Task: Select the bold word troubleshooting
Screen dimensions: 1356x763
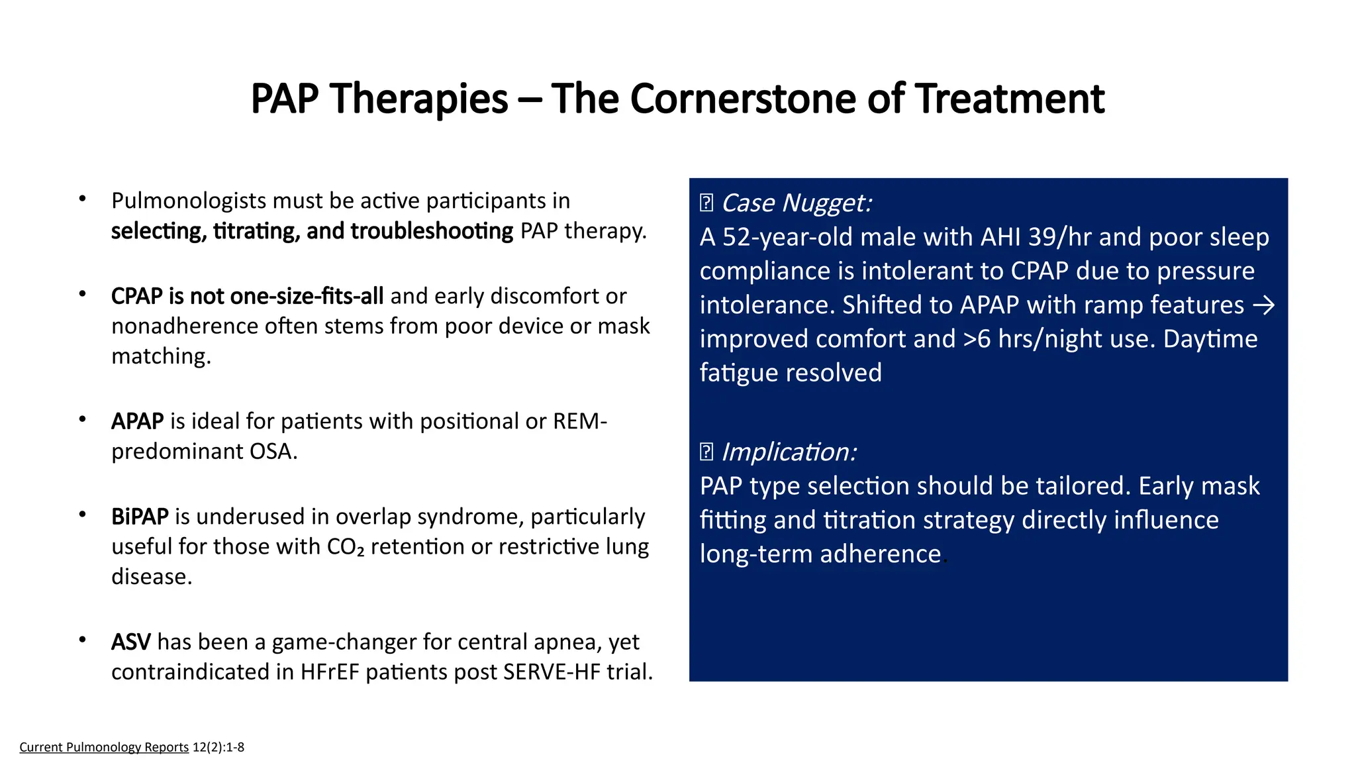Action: [x=432, y=231]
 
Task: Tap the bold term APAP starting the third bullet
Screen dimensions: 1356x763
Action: [x=137, y=421]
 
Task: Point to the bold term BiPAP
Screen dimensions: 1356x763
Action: [x=140, y=517]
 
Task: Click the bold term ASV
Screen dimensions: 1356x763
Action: [x=130, y=642]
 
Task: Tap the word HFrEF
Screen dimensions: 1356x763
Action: [x=329, y=672]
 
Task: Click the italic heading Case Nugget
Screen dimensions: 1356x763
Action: [x=796, y=203]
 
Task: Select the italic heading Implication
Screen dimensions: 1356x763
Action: [x=789, y=452]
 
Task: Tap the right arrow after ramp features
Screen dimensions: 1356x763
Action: [x=1264, y=305]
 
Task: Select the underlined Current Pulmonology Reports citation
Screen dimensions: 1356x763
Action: [x=104, y=747]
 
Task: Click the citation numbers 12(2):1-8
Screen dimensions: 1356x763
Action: [x=218, y=747]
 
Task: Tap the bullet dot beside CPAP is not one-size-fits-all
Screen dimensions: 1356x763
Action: [x=82, y=294]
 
